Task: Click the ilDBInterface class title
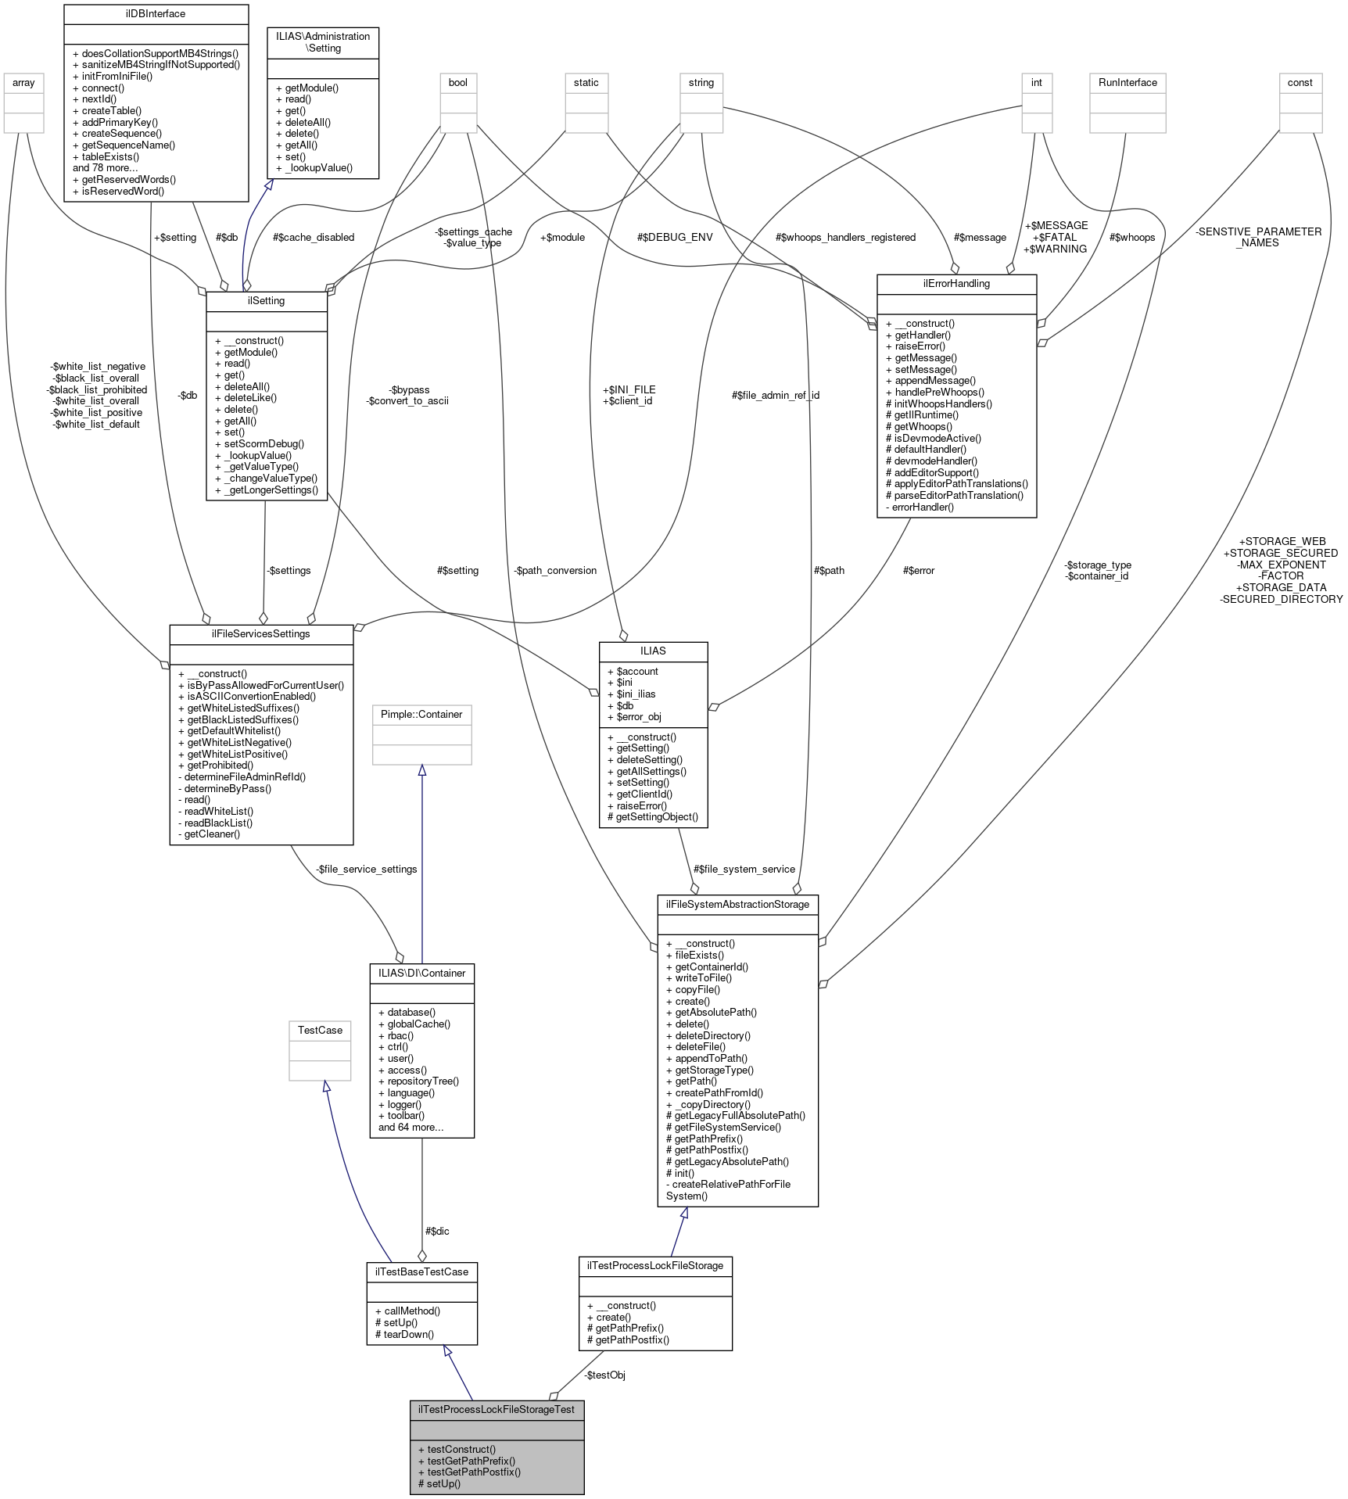(156, 14)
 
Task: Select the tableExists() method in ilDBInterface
(110, 156)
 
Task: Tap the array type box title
(23, 83)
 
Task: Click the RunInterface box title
(1128, 83)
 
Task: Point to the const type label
(1300, 83)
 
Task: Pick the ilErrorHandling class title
(956, 284)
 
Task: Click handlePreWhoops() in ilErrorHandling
(934, 392)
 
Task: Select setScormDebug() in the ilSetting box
(264, 443)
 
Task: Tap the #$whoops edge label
(1131, 238)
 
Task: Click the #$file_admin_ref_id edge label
(775, 396)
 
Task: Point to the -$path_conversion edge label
(555, 571)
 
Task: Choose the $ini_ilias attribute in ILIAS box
(636, 694)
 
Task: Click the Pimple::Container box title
(421, 715)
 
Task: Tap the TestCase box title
(320, 1031)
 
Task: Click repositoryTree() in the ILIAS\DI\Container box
(423, 1081)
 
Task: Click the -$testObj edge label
(604, 1375)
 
